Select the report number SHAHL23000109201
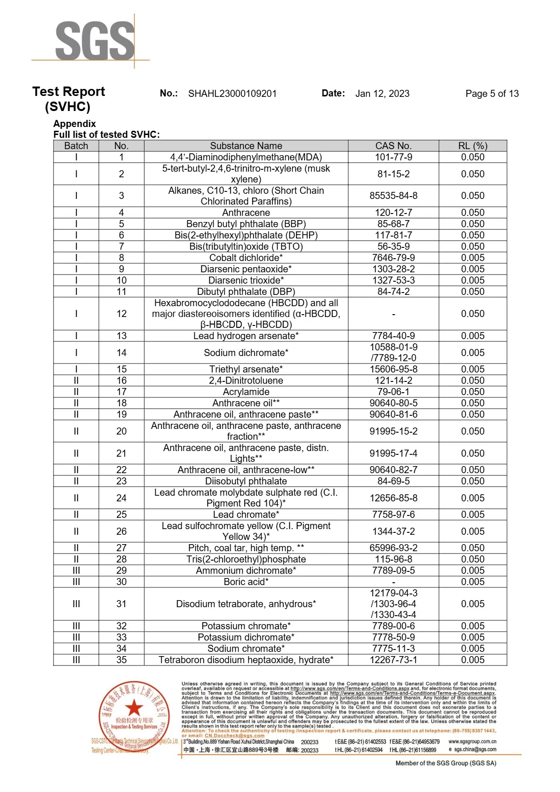point(232,94)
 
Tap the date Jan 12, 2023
point(382,94)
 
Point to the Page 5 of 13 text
point(492,94)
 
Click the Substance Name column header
point(246,146)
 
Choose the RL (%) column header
point(472,146)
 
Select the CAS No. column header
point(393,146)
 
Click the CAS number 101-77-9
point(393,157)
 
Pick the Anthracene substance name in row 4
point(246,213)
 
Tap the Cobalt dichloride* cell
point(246,258)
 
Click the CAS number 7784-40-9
point(393,336)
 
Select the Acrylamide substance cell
point(246,392)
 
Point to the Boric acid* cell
point(246,582)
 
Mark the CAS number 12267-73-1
point(393,660)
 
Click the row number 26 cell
point(121,531)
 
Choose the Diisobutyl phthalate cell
point(246,481)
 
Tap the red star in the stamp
point(134,707)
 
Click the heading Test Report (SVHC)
point(68,99)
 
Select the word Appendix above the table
point(74,124)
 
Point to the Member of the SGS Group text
point(445,763)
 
